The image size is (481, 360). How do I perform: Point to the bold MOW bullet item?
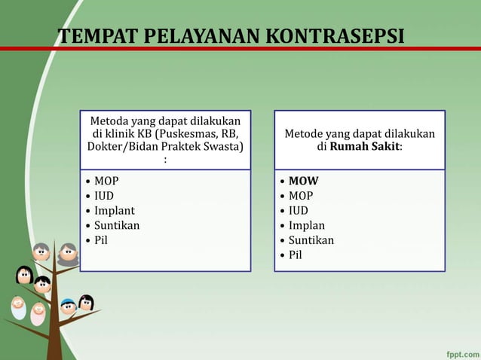pos(303,181)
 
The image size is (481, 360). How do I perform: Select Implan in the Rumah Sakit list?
pos(307,225)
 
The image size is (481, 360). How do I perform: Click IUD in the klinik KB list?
pos(104,196)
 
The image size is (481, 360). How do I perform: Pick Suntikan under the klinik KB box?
pos(116,225)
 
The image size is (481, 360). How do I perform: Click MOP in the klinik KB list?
pos(106,181)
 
